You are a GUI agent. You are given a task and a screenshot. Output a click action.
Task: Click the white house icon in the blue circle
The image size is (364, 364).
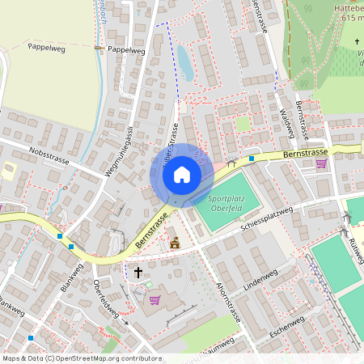(x=182, y=175)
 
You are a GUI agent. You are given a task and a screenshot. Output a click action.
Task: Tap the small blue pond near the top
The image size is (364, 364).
(x=184, y=62)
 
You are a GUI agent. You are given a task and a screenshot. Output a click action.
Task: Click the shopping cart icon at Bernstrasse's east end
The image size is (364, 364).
(x=321, y=164)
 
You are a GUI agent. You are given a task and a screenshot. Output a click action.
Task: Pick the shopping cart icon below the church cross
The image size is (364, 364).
(x=154, y=300)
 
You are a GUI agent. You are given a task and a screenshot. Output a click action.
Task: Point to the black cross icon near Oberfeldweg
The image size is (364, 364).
(x=138, y=272)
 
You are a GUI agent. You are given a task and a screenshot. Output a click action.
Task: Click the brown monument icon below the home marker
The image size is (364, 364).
(x=175, y=242)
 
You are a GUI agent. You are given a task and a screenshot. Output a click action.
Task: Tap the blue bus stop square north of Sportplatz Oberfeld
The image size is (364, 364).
(x=252, y=159)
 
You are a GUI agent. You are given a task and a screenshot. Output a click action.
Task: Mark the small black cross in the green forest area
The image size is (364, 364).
(x=357, y=41)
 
